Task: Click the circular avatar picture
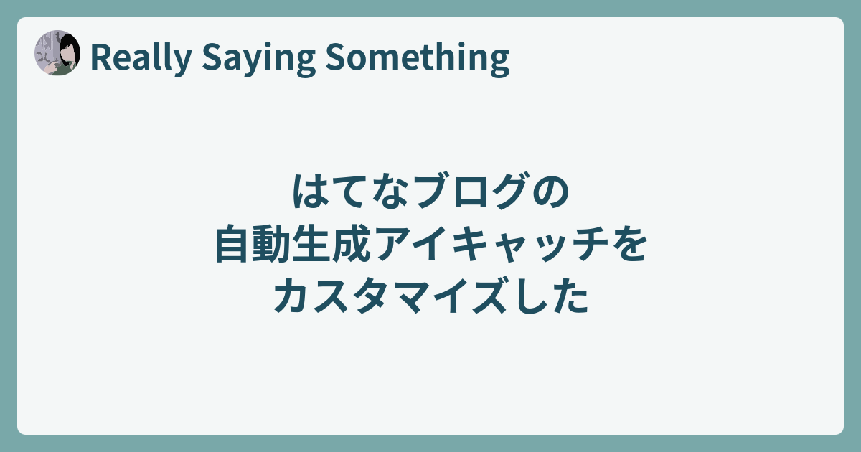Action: coord(57,52)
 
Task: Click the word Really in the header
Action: coord(141,57)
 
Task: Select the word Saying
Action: coord(258,59)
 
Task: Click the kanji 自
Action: coord(230,243)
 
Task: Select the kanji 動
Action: coord(270,244)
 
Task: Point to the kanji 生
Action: coord(311,244)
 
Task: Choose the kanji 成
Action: coord(351,244)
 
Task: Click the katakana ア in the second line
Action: coord(391,244)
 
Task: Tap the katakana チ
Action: coord(590,244)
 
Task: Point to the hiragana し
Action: coord(530,296)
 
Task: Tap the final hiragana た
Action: coord(570,295)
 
